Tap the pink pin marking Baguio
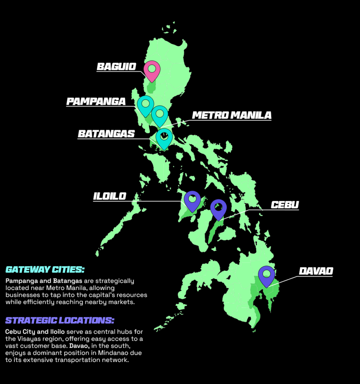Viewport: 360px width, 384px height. [152, 70]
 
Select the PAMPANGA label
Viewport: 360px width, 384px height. [96, 102]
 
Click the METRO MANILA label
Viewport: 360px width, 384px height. [231, 115]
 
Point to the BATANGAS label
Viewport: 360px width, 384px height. [106, 134]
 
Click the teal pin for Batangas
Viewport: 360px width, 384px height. [164, 138]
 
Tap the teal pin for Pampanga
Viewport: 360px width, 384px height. [145, 105]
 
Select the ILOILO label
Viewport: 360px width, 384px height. [110, 196]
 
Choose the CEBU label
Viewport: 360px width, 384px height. [285, 205]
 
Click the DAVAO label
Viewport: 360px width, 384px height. [316, 271]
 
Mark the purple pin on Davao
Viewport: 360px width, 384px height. [267, 275]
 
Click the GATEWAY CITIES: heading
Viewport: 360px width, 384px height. [45, 270]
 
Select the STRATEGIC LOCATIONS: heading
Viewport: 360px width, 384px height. [60, 320]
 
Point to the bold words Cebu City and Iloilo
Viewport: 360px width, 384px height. [35, 332]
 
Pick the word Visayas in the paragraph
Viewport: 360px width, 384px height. [32, 339]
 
